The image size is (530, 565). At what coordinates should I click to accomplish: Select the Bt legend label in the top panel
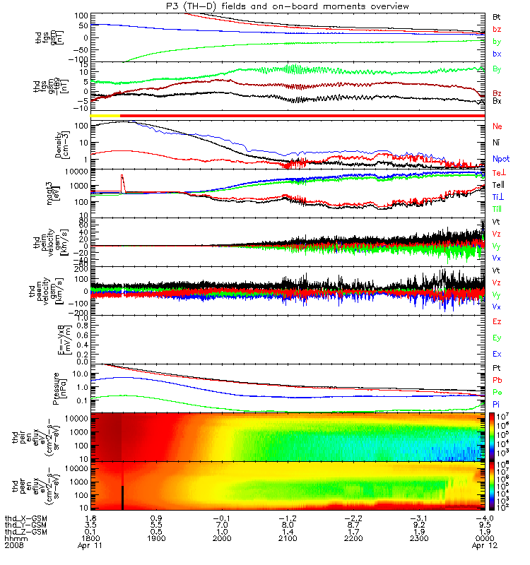(497, 16)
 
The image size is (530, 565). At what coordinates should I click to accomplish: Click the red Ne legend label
(497, 126)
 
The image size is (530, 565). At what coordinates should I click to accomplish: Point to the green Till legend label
(497, 209)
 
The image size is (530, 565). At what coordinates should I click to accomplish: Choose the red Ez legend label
(497, 321)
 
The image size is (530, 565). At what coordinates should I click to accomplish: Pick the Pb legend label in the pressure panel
(497, 380)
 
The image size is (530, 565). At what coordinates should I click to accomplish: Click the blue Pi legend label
(496, 404)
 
